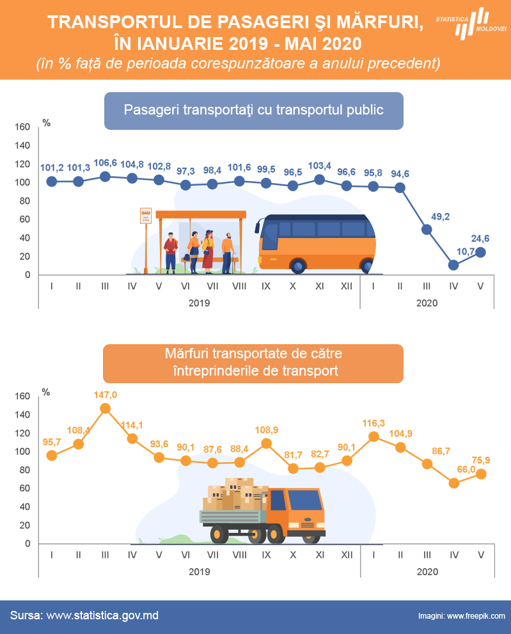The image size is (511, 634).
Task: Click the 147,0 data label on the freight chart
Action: click(105, 395)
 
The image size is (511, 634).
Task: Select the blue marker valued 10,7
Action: click(453, 265)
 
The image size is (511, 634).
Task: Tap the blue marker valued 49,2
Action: click(427, 229)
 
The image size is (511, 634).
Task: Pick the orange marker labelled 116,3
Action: click(373, 436)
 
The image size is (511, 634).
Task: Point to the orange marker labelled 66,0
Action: click(454, 483)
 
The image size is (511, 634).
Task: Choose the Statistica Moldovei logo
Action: click(471, 24)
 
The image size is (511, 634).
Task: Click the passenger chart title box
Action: click(253, 111)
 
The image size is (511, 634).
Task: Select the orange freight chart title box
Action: click(253, 363)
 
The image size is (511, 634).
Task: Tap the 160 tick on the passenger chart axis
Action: click(23, 127)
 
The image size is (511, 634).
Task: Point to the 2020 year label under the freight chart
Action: click(427, 571)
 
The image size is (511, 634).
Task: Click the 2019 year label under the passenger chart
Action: click(199, 303)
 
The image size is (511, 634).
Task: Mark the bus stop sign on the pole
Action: click(146, 216)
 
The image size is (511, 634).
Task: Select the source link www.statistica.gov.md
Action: click(102, 615)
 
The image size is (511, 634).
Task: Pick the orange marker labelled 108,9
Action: click(267, 443)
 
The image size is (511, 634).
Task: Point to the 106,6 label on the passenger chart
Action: click(105, 163)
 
